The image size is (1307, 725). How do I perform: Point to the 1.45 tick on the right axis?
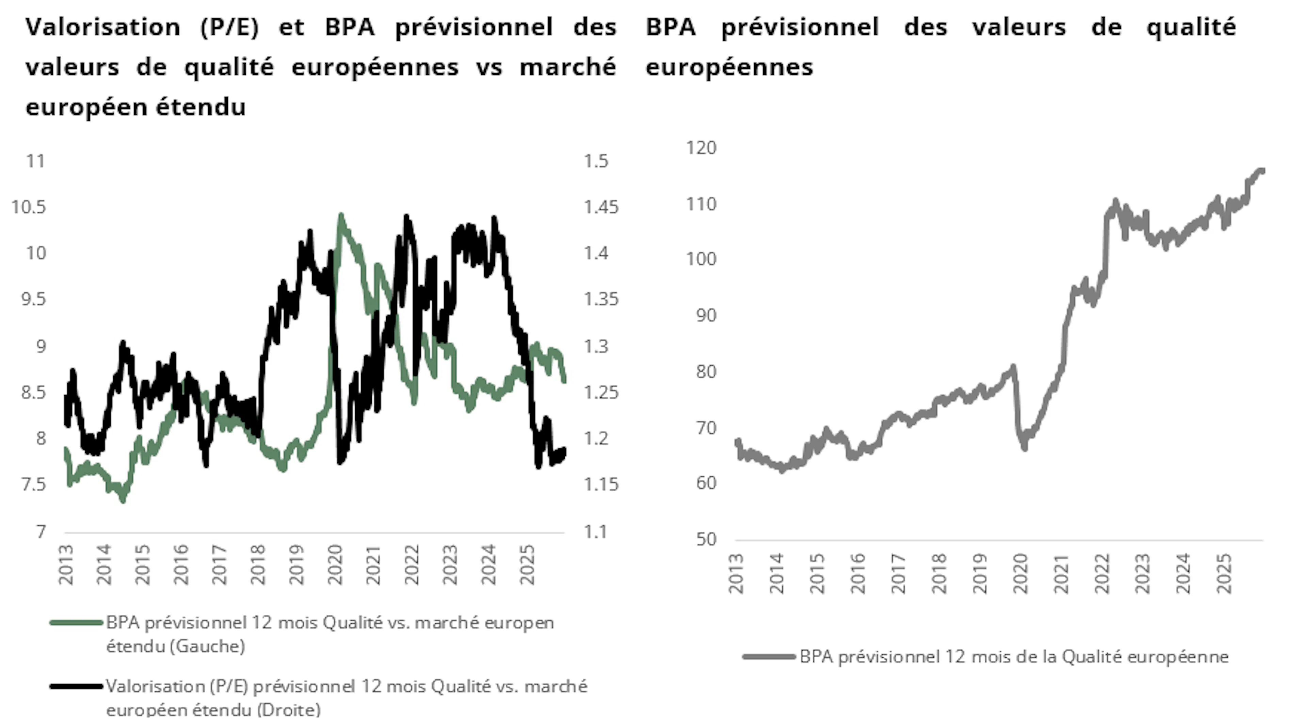tap(601, 207)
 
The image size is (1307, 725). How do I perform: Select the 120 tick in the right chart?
tap(701, 148)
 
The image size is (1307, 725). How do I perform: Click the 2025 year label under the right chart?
tap(1224, 573)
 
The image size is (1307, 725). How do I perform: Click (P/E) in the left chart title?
tap(229, 27)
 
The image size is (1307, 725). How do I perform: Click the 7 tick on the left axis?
tap(41, 531)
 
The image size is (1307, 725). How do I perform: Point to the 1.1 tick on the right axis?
tap(595, 531)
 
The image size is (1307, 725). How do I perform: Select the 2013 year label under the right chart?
tap(736, 573)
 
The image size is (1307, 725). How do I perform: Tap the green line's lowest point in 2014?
tap(122, 500)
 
